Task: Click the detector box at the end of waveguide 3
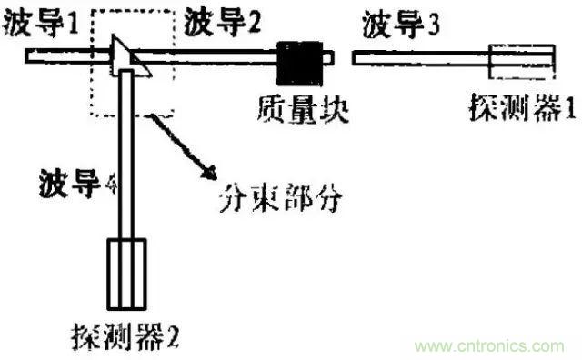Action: click(x=520, y=60)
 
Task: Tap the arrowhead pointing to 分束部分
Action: click(x=210, y=173)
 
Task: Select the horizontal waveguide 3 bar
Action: click(x=418, y=60)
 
